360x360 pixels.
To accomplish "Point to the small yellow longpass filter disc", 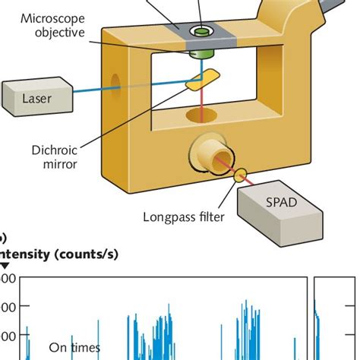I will (x=242, y=176).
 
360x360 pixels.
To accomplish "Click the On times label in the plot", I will (x=74, y=348).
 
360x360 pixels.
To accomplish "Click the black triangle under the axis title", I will (x=5, y=266).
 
